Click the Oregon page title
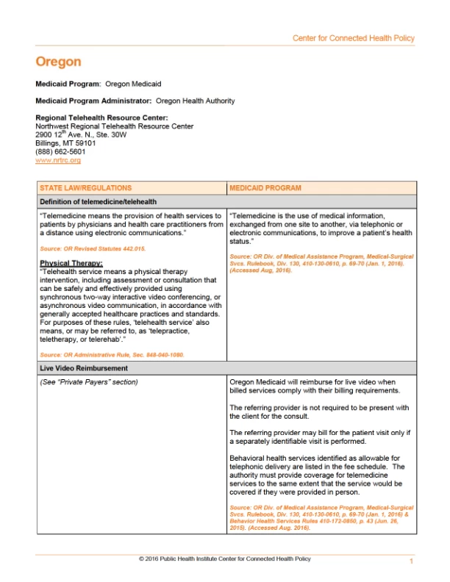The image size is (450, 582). [58, 62]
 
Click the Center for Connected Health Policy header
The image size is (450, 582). [353, 38]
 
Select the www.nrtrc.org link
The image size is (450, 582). [58, 160]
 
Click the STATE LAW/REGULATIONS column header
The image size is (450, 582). [86, 188]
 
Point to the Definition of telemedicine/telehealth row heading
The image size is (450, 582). [98, 201]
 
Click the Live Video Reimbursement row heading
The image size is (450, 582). [84, 367]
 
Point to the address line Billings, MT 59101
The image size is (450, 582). [65, 143]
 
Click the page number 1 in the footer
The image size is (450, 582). [411, 561]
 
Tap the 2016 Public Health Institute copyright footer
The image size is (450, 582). [224, 559]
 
